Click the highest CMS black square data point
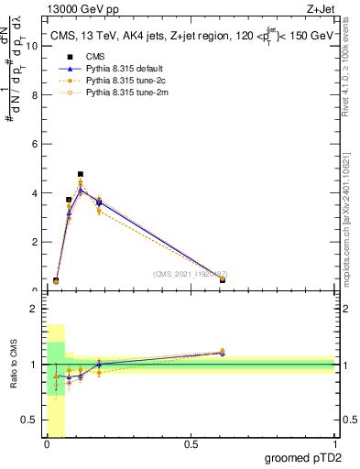pos(81,174)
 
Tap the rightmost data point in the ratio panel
pos(223,352)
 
